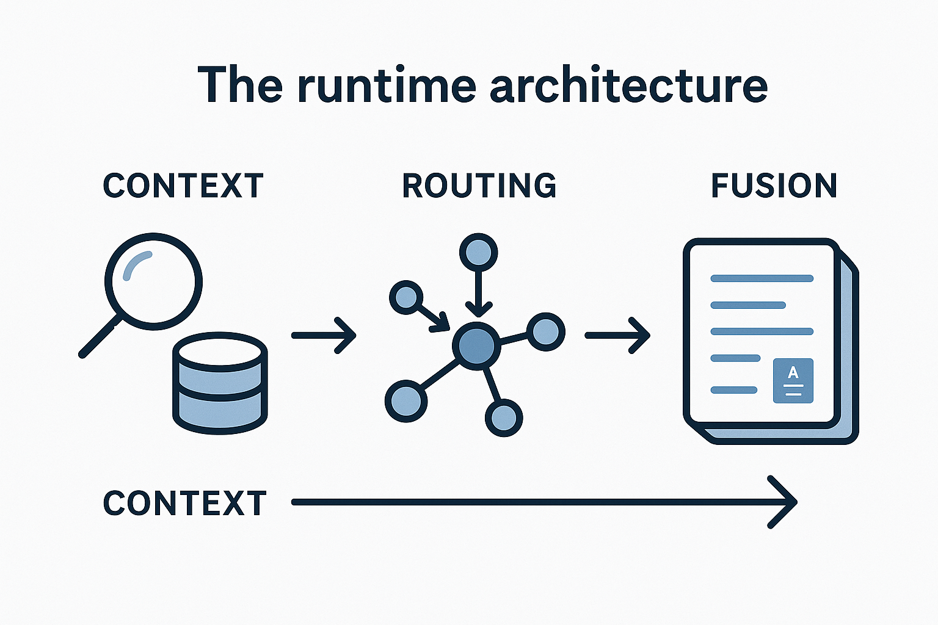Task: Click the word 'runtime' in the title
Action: click(386, 85)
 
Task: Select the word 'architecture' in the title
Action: click(628, 85)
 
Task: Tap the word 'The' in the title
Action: click(240, 85)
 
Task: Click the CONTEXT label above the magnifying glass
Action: click(183, 186)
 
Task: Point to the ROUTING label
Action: click(479, 186)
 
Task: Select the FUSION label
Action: click(774, 186)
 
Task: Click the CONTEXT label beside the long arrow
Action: click(185, 504)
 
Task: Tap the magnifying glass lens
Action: click(153, 281)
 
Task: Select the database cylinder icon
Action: click(220, 383)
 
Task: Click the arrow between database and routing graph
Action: click(324, 335)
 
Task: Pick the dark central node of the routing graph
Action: click(476, 345)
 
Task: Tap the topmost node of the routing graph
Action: click(478, 251)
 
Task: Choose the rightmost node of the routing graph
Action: click(545, 332)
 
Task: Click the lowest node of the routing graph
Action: click(504, 418)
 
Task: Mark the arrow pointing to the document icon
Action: click(617, 335)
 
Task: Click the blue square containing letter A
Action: click(793, 380)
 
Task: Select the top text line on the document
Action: click(762, 279)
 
